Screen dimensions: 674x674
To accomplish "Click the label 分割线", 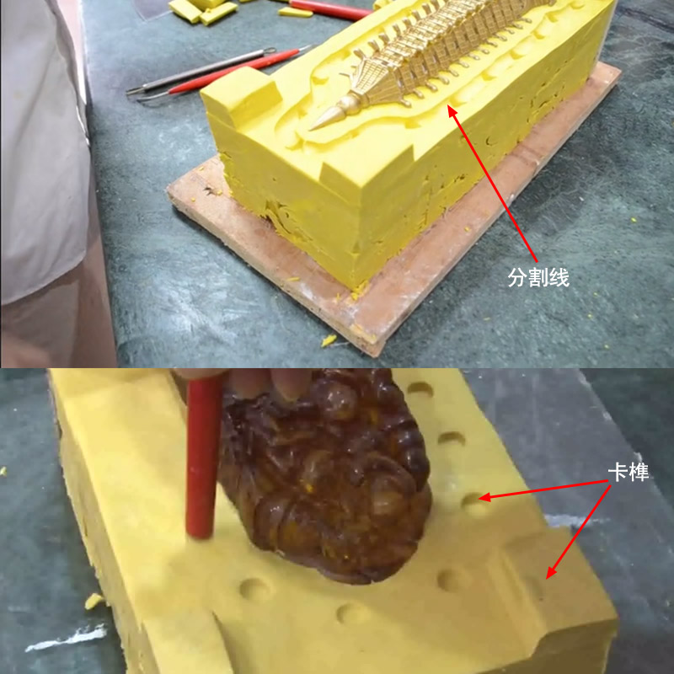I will click(538, 277).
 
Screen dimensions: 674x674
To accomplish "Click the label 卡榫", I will click(629, 473).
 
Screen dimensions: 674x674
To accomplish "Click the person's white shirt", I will click(42, 152).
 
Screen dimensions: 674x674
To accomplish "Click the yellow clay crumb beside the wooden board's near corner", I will click(328, 340).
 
